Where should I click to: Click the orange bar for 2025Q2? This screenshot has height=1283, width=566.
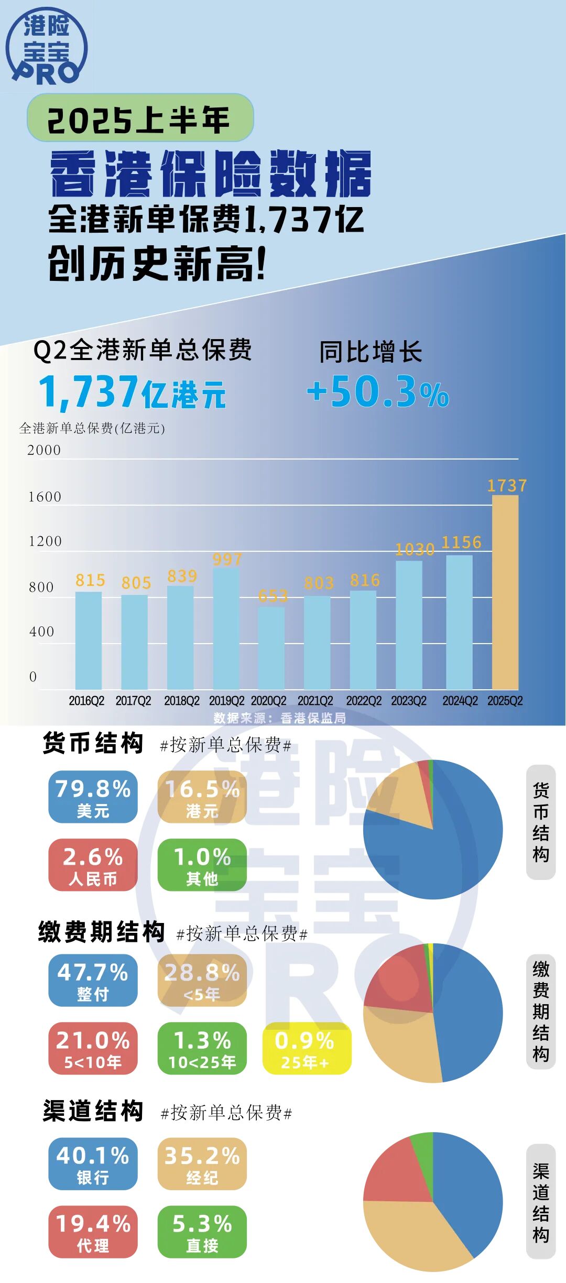coord(505,592)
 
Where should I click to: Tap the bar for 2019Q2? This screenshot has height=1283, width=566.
coord(226,628)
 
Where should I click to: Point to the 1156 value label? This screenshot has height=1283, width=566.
coord(461,542)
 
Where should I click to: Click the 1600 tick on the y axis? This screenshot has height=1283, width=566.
coord(45,497)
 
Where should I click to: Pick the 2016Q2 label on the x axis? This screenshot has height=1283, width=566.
coord(86,701)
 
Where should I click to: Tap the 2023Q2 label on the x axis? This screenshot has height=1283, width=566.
coord(409,701)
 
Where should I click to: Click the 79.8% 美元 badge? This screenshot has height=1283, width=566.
coord(93,797)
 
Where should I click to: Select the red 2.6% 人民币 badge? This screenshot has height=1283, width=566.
coord(93,865)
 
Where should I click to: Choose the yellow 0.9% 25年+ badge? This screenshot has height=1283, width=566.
coord(307,1048)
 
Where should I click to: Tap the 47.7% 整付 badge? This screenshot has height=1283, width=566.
coord(93,980)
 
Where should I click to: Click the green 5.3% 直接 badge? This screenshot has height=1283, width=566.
coord(202,1232)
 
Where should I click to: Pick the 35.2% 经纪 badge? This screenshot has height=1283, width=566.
coord(202,1164)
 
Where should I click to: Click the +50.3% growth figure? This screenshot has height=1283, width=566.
coord(378,392)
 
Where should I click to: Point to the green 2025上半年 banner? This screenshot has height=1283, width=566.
coord(140,118)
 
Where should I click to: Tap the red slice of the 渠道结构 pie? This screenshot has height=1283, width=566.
coord(396,1174)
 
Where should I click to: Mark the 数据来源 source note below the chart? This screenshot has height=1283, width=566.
coord(279,717)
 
